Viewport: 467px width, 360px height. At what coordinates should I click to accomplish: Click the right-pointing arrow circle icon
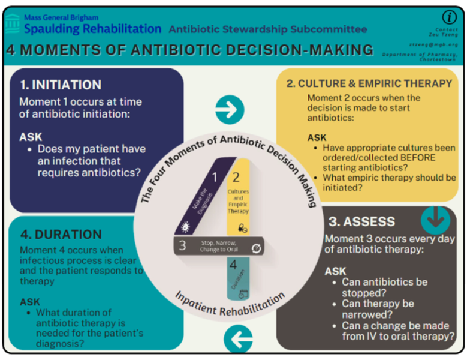pyautogui.click(x=230, y=109)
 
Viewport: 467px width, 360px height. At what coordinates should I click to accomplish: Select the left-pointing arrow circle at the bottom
pyautogui.click(x=238, y=340)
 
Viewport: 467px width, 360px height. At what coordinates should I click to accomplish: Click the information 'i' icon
pyautogui.click(x=448, y=17)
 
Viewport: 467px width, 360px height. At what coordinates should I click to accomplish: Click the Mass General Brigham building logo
pyautogui.click(x=12, y=25)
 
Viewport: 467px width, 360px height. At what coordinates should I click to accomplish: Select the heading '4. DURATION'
pyautogui.click(x=61, y=235)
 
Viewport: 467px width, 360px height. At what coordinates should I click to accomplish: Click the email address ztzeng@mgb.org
pyautogui.click(x=434, y=44)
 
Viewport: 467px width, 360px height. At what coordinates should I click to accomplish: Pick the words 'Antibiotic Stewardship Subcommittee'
pyautogui.click(x=268, y=29)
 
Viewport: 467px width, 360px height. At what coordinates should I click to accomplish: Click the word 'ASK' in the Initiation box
pyautogui.click(x=31, y=137)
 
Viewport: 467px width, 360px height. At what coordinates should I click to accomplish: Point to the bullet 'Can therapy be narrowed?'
pyautogui.click(x=378, y=309)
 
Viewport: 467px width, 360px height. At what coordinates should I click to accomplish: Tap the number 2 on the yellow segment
pyautogui.click(x=236, y=176)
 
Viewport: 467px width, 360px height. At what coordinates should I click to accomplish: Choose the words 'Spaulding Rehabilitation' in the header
pyautogui.click(x=93, y=29)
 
